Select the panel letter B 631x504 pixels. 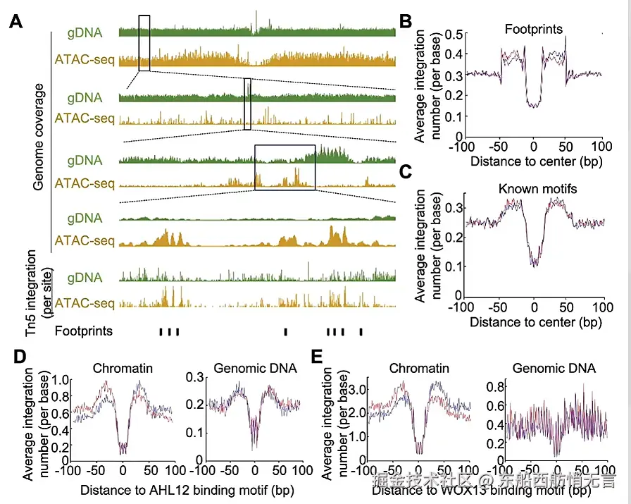coord(406,22)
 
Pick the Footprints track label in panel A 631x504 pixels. coord(84,331)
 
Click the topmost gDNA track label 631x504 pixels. coord(85,32)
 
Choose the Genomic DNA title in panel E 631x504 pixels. coord(554,369)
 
